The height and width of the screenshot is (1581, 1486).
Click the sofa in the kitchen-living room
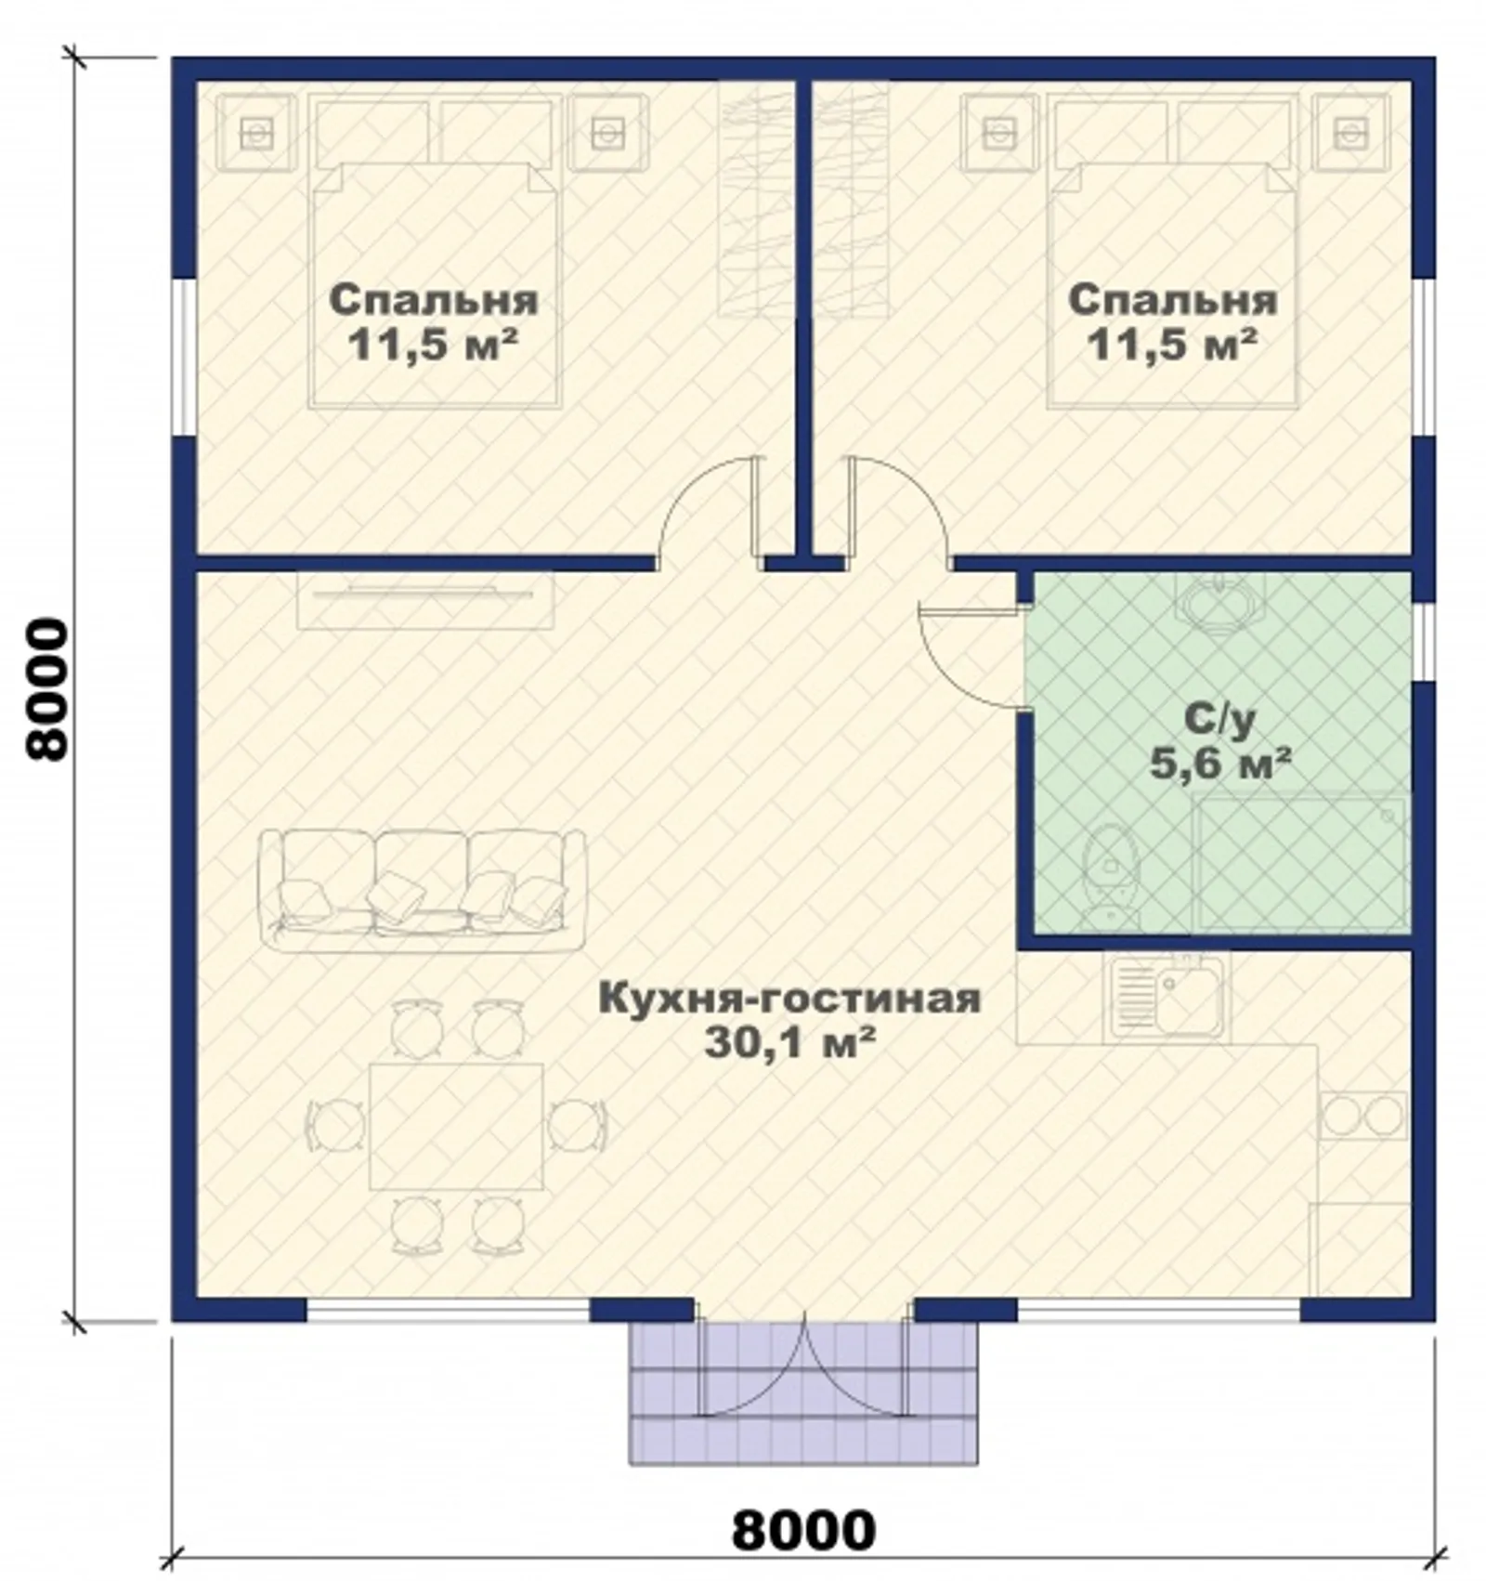[423, 890]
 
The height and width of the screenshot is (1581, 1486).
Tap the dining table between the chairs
[456, 1127]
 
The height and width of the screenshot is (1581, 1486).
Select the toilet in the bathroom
[1105, 874]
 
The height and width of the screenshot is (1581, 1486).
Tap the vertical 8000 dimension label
[46, 691]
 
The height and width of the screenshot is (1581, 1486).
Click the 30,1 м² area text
[789, 1042]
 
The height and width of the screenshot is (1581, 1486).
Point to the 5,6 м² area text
[1220, 764]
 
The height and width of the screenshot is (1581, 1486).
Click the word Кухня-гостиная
[790, 998]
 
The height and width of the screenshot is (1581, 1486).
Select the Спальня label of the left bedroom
[434, 299]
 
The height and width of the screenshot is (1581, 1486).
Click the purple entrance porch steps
[804, 1392]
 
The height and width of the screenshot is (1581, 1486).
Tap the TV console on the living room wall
[425, 600]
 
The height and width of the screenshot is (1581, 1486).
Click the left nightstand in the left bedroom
[257, 134]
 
